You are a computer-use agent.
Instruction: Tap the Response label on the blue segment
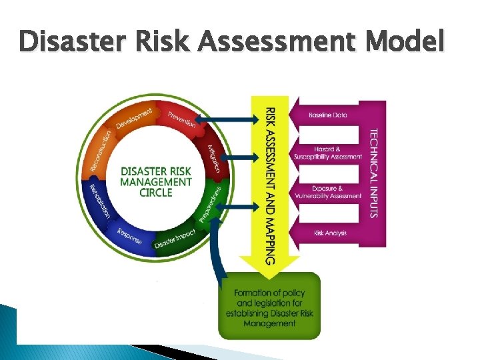[129, 235]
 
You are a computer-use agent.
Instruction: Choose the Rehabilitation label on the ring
[99, 201]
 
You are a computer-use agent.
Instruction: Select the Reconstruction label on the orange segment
[101, 149]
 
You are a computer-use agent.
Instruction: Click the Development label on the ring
[134, 118]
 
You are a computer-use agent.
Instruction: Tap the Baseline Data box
[328, 115]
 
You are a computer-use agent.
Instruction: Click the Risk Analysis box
[328, 233]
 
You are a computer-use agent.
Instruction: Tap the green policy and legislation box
[269, 307]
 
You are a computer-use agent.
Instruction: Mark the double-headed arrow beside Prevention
[227, 120]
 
